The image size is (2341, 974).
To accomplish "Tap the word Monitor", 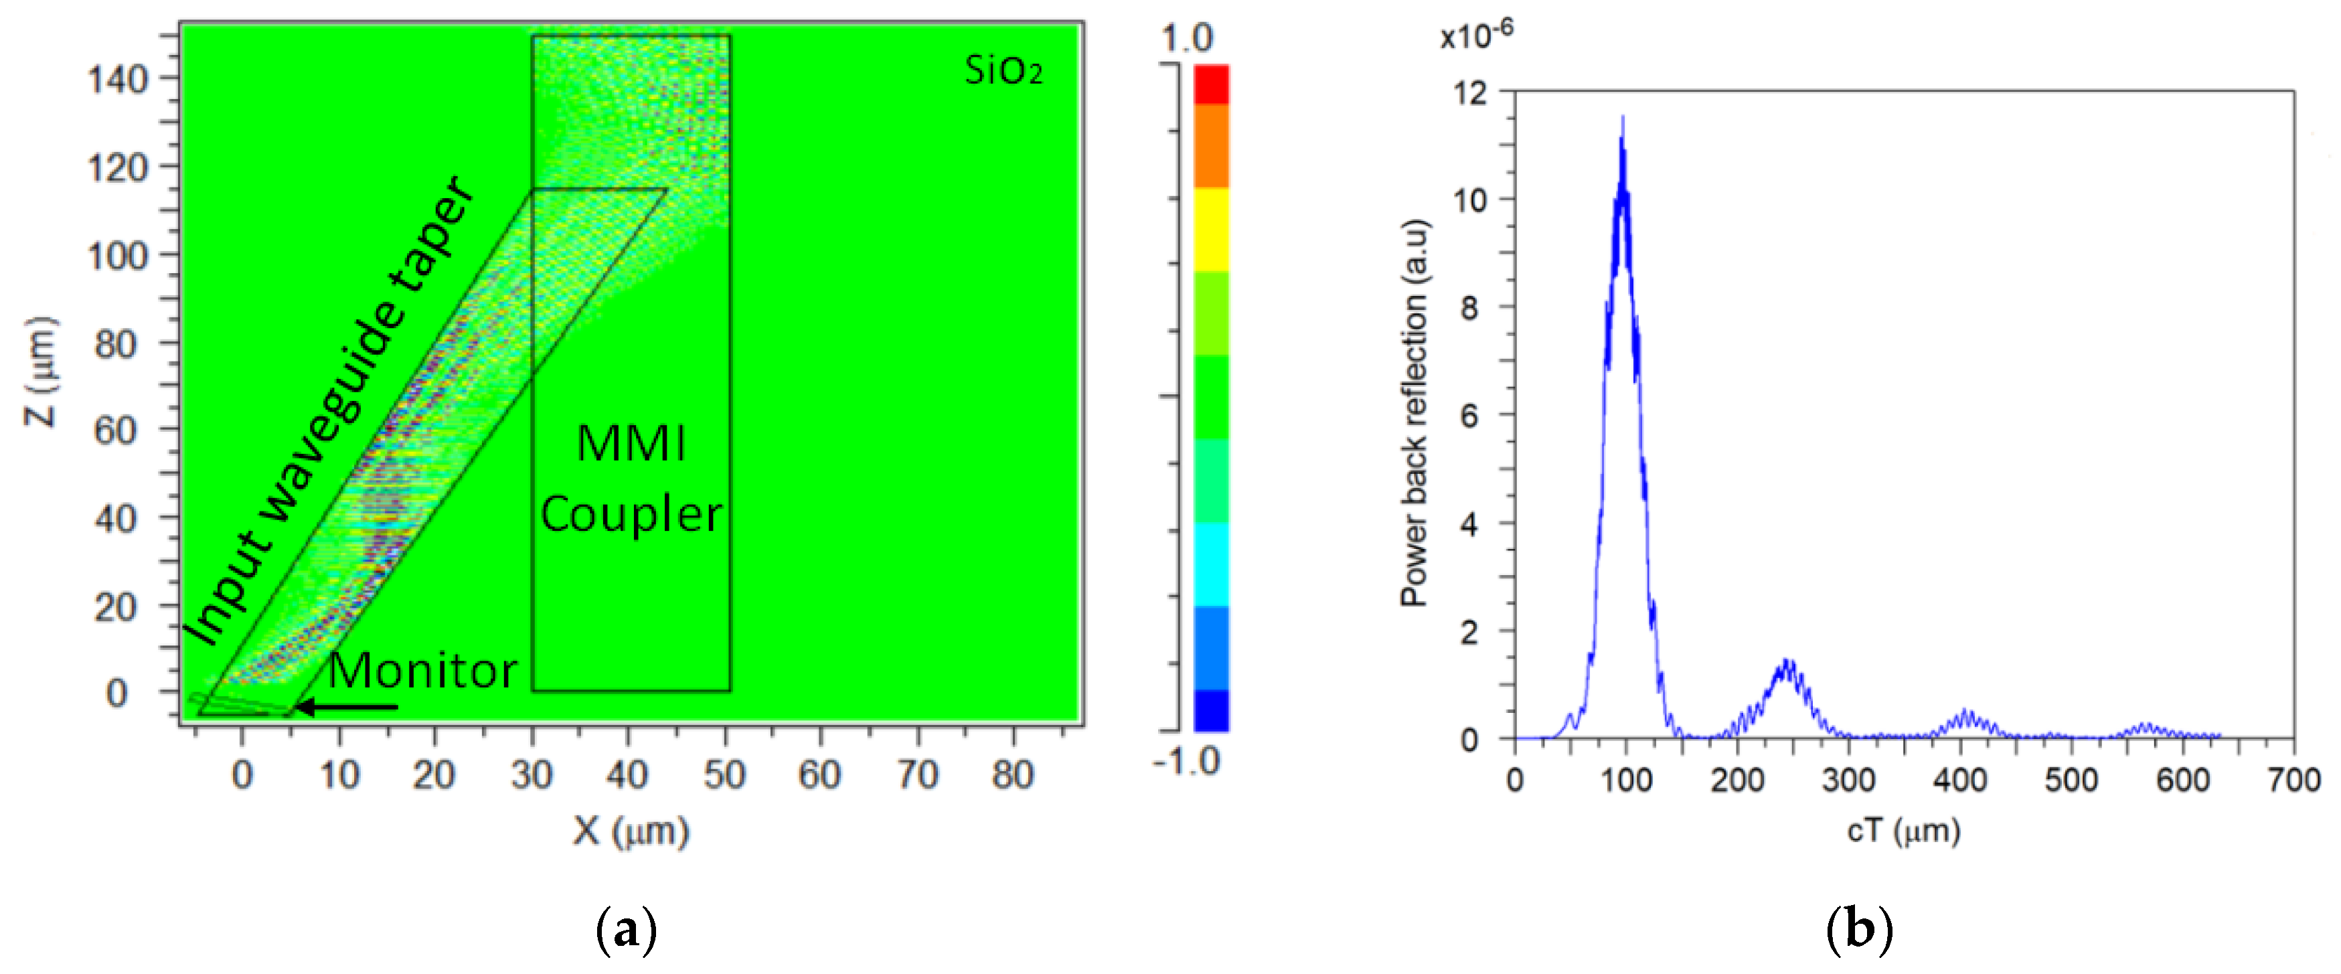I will pos(422,671).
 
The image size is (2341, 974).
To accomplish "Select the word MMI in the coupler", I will pos(631,444).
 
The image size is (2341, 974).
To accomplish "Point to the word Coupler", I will pos(631,515).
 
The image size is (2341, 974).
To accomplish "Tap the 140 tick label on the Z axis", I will pos(118,80).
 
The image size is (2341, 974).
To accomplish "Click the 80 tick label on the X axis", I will pos(1012,775).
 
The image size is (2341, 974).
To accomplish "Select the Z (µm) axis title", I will pos(41,372).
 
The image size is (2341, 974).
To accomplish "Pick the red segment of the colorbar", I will pos(1210,84).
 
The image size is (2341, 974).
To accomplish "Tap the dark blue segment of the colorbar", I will pos(1210,710).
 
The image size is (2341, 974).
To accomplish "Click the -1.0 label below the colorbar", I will pos(1186,760).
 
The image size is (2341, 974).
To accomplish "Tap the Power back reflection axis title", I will pos(1415,414).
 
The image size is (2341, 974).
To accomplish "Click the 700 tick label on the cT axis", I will pos(2293,780).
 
